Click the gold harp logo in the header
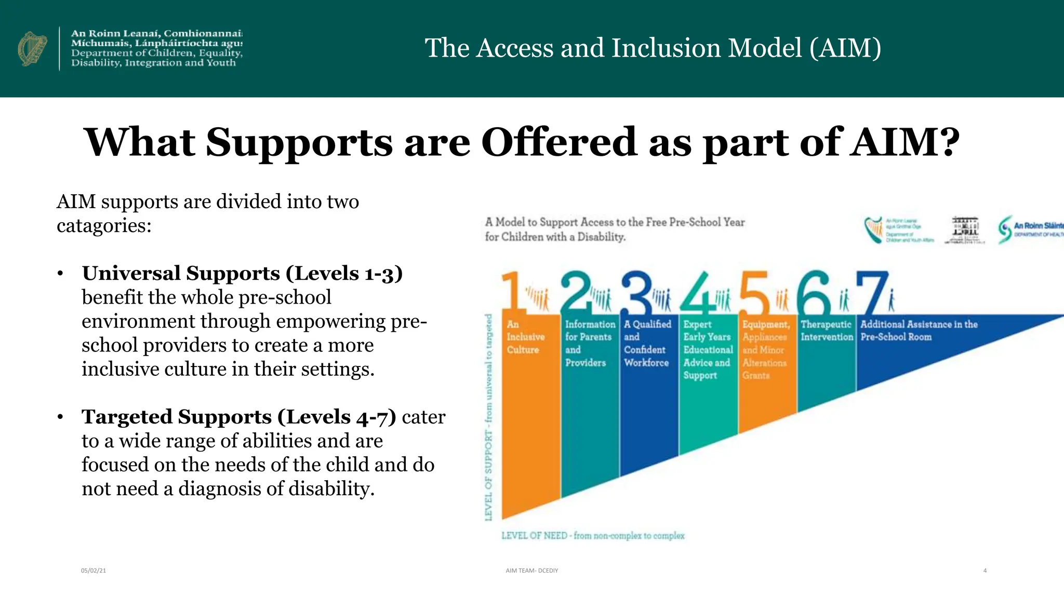tap(32, 48)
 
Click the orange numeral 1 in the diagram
tap(512, 292)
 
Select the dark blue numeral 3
tap(636, 292)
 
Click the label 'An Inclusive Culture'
tap(525, 337)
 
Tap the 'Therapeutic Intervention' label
tap(826, 331)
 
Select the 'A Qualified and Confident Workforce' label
tap(647, 343)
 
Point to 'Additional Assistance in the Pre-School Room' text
tap(919, 331)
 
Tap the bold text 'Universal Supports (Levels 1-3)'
tap(242, 273)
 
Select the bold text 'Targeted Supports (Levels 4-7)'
tap(239, 417)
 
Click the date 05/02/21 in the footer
tap(94, 570)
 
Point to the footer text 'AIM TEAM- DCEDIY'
tap(531, 570)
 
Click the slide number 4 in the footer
tap(985, 570)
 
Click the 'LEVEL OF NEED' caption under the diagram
tap(593, 536)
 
